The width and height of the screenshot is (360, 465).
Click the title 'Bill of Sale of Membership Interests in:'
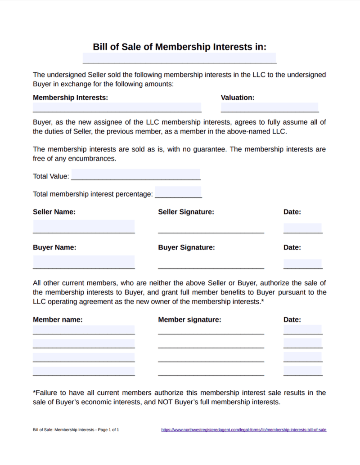tap(180, 47)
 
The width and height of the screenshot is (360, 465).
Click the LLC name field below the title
tap(180, 58)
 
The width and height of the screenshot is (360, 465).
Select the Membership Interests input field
tap(117, 107)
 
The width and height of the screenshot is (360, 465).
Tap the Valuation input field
tap(270, 107)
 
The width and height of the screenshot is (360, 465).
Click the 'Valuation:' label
tap(238, 97)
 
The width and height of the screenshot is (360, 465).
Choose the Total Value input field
tap(135, 175)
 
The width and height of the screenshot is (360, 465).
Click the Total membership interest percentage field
tap(178, 192)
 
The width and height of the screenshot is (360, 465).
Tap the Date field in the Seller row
tap(302, 228)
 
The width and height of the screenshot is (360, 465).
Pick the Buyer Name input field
tap(84, 262)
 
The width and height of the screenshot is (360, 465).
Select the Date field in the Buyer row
tap(302, 264)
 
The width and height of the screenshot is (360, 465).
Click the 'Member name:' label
tap(58, 320)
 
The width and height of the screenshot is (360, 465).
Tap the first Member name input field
tap(84, 330)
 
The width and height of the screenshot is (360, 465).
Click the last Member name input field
tap(84, 371)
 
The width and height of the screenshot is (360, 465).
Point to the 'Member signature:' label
tap(189, 320)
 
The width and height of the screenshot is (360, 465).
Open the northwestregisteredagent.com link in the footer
tap(243, 429)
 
